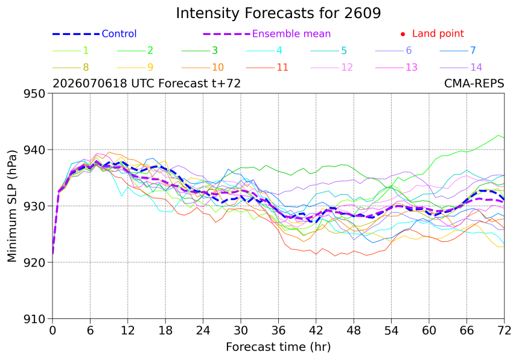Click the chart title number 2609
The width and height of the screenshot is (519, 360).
(363, 13)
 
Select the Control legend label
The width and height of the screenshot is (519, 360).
(119, 34)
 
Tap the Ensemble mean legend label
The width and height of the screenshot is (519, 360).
(291, 34)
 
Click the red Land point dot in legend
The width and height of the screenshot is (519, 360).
(403, 34)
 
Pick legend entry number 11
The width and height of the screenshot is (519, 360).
(282, 67)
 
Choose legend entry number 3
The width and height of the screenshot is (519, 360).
(215, 50)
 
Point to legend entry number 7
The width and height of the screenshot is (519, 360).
(473, 50)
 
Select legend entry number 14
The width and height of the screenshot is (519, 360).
(476, 67)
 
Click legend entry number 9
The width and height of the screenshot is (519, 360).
(150, 67)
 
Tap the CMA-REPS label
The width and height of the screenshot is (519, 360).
(474, 83)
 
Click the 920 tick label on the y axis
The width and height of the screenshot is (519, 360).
(34, 262)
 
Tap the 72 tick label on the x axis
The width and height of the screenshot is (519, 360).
(504, 330)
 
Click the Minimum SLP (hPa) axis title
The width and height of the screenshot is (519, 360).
(12, 206)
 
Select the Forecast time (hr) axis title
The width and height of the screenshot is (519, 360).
(278, 347)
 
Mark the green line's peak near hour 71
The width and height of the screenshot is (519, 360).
(498, 135)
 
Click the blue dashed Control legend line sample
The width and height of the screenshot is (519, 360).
(76, 34)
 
